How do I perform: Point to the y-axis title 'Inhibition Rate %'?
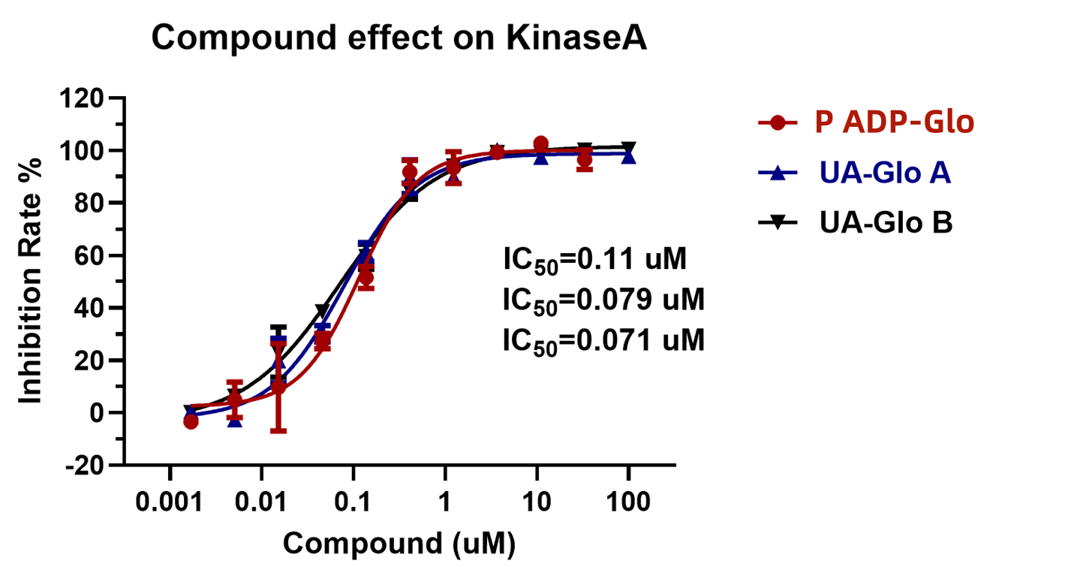tap(32, 281)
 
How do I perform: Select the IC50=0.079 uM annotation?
tap(603, 301)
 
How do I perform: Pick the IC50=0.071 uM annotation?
tap(603, 342)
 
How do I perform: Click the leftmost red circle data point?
tap(191, 422)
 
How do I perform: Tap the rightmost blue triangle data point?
tap(628, 156)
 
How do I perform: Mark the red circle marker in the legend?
tap(778, 123)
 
